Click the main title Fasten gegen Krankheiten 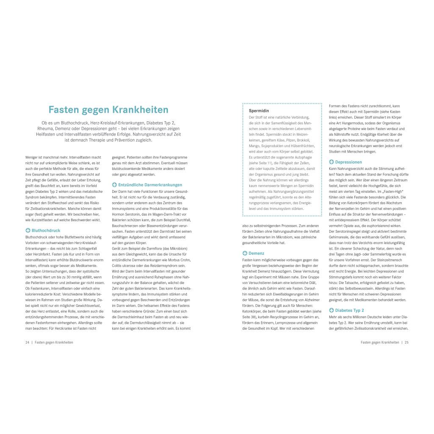click(x=108, y=110)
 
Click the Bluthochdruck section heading click(x=46, y=231)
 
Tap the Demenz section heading click(x=256, y=253)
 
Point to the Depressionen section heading click(x=348, y=162)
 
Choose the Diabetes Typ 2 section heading click(x=350, y=311)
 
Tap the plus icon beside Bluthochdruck click(x=28, y=231)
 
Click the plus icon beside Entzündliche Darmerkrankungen click(x=114, y=185)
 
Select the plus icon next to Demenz click(x=245, y=253)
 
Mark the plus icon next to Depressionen click(x=331, y=162)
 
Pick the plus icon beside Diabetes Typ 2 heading click(x=331, y=311)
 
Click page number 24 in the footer click(x=27, y=342)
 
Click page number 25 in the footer click(x=406, y=342)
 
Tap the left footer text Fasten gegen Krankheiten click(x=54, y=342)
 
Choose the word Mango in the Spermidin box click(x=254, y=145)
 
